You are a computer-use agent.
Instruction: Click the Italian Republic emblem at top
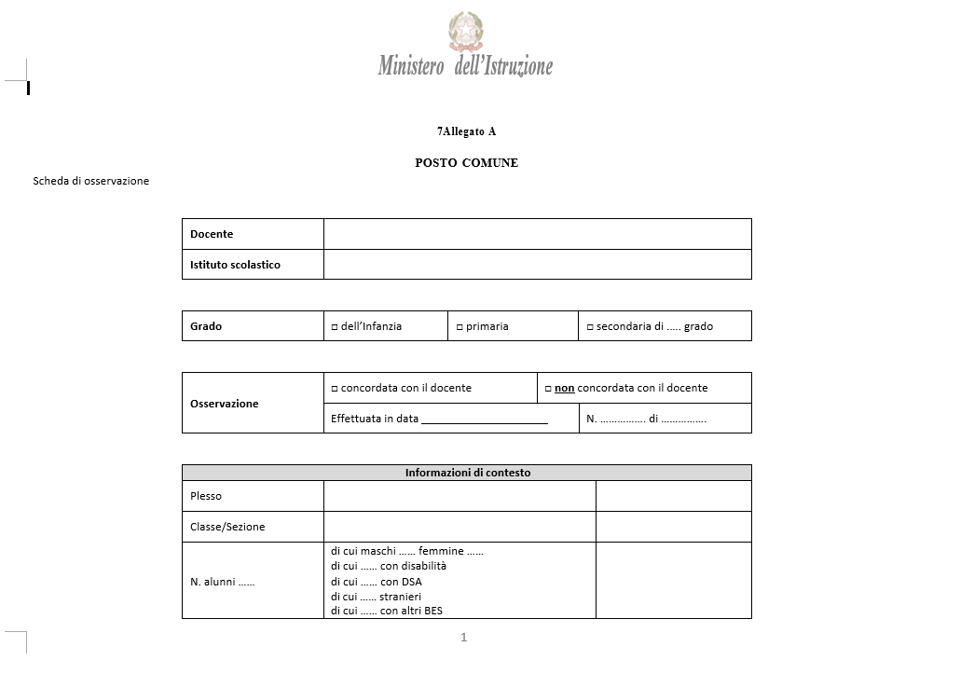point(466,31)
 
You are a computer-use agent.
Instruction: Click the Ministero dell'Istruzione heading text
point(465,66)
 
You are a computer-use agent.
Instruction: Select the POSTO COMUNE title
point(466,163)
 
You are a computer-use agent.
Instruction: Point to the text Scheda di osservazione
point(90,181)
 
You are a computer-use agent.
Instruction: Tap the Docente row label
point(212,234)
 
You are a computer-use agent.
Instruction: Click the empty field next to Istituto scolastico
point(537,265)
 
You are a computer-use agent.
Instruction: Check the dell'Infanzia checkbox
point(335,327)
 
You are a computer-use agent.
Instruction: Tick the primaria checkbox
point(460,327)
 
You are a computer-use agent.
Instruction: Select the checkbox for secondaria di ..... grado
point(590,327)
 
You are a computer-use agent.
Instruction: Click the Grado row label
point(206,326)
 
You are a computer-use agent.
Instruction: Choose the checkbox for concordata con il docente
point(335,389)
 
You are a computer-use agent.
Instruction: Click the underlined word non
point(564,388)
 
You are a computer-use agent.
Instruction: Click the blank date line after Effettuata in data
point(485,420)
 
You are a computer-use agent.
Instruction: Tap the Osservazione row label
point(225,404)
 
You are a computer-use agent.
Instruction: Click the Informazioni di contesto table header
point(467,473)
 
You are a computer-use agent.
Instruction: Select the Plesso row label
point(206,496)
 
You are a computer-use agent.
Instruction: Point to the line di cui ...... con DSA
point(376,581)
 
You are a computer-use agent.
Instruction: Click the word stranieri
point(400,596)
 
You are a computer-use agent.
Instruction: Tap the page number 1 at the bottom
point(463,638)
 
